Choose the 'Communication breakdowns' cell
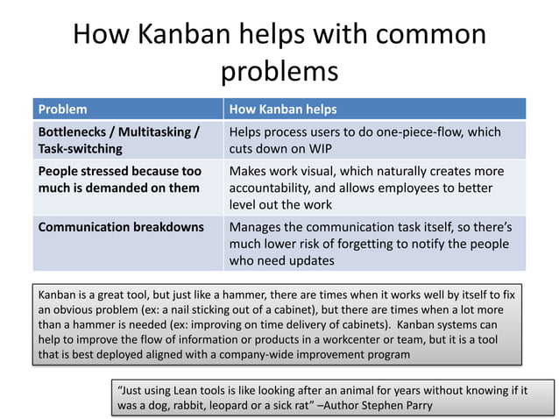coord(120,227)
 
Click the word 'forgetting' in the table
coord(376,244)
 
